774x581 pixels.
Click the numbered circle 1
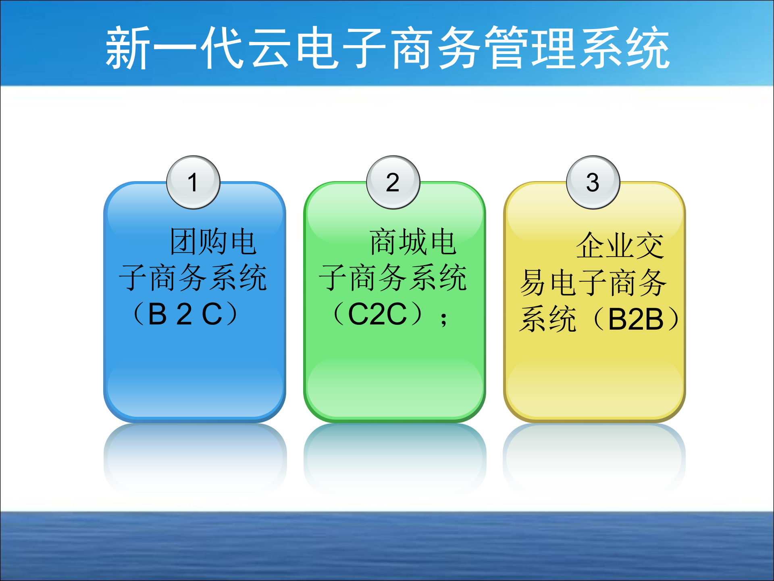point(193,182)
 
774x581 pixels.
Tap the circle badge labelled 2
point(393,182)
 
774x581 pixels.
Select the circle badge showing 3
point(593,182)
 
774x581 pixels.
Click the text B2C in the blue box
point(185,314)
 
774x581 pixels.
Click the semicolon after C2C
point(443,319)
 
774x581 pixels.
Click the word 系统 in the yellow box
point(548,319)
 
